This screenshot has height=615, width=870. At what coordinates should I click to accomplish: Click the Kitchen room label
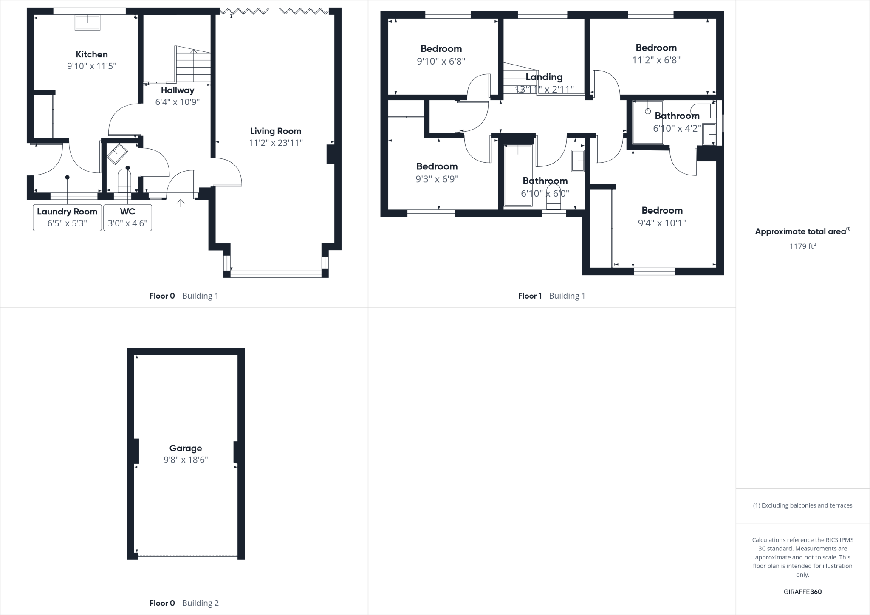click(x=91, y=54)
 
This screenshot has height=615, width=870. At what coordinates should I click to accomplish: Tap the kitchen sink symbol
click(x=88, y=22)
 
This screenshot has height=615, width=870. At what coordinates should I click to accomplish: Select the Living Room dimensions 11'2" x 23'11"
click(x=275, y=143)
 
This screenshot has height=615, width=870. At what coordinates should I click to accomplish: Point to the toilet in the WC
click(x=124, y=180)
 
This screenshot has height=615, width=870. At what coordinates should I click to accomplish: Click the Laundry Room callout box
click(x=67, y=217)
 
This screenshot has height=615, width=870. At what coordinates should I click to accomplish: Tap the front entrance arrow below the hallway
click(x=181, y=203)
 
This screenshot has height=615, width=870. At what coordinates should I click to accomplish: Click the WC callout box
click(x=127, y=217)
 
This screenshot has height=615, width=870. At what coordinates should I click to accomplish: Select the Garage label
click(x=185, y=448)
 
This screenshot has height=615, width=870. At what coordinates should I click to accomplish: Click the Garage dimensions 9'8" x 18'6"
click(x=185, y=460)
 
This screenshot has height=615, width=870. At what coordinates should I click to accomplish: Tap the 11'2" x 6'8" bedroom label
click(x=656, y=48)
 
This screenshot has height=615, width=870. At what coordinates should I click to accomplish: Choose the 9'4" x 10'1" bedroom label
click(x=662, y=210)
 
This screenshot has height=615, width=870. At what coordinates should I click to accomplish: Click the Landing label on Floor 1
click(x=544, y=77)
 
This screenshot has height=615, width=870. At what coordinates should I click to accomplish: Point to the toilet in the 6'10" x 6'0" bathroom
click(x=554, y=197)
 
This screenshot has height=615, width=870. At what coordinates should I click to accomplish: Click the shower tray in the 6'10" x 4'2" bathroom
click(x=648, y=122)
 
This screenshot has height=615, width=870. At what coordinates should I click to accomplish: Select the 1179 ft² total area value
click(x=802, y=246)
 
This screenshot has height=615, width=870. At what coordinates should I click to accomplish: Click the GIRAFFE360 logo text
click(x=802, y=592)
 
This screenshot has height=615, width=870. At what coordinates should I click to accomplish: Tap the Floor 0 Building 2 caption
click(x=184, y=603)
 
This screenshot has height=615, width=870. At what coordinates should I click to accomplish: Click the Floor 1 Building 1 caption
click(x=551, y=296)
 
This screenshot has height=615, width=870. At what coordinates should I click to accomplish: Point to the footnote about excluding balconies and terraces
click(x=802, y=505)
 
